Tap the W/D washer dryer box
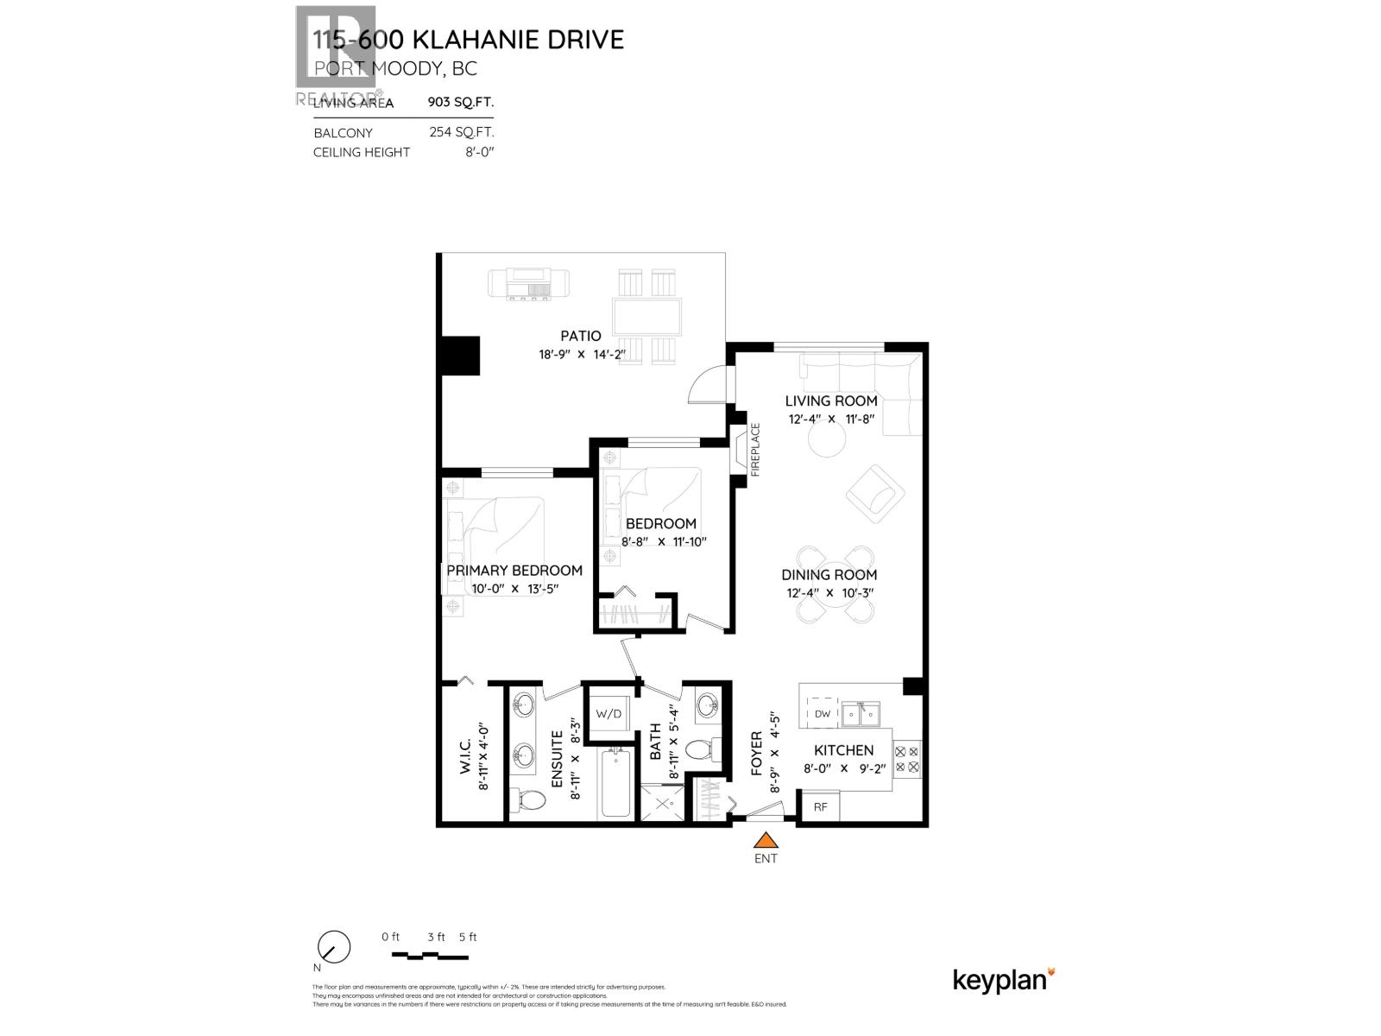pyautogui.click(x=609, y=714)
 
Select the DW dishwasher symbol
pyautogui.click(x=823, y=713)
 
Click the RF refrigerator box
pyautogui.click(x=820, y=806)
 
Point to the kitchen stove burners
pyautogui.click(x=907, y=758)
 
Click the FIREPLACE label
pyautogui.click(x=755, y=450)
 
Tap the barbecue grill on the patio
pyautogui.click(x=528, y=284)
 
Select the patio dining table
pyautogui.click(x=647, y=317)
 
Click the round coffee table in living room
pyautogui.click(x=828, y=441)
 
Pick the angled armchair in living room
pyautogui.click(x=875, y=494)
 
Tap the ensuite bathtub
pyautogui.click(x=615, y=782)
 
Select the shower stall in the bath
pyautogui.click(x=665, y=804)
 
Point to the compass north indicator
pyautogui.click(x=333, y=948)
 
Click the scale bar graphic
pyautogui.click(x=430, y=956)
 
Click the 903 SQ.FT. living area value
pyautogui.click(x=461, y=102)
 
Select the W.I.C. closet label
pyautogui.click(x=465, y=757)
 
